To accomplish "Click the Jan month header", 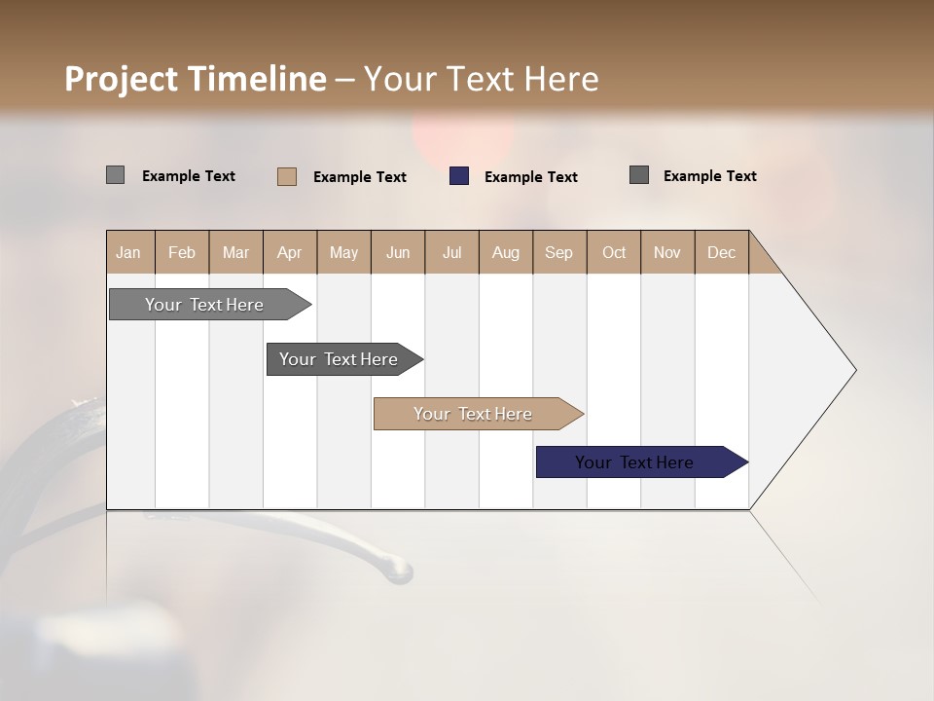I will click(129, 252).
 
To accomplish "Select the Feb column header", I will click(182, 252).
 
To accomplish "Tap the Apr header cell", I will click(290, 252).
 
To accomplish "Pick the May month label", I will click(343, 252).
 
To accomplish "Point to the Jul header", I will click(451, 252).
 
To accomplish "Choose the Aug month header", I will click(506, 252).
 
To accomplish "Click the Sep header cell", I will click(559, 252).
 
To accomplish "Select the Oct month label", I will click(614, 252).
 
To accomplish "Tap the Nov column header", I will click(667, 252).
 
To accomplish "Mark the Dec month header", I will click(722, 252).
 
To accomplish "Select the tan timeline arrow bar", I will click(474, 414).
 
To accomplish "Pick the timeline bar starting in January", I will click(205, 305).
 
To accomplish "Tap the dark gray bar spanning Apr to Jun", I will click(340, 359).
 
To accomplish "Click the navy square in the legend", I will click(459, 176).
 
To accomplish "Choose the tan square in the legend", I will click(287, 176).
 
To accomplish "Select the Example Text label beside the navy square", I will click(531, 177).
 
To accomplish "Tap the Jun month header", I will click(398, 252).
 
